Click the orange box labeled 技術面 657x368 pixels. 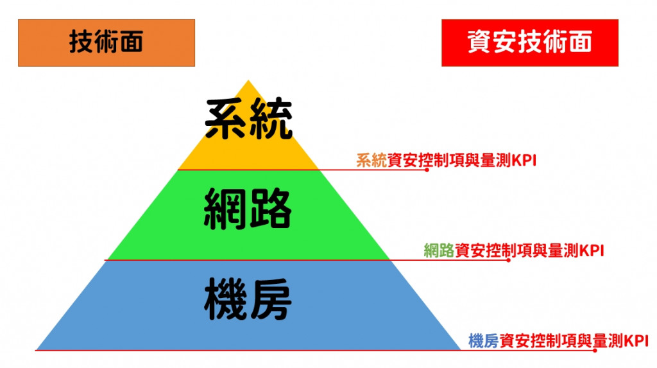(106, 43)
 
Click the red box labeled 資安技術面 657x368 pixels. (529, 43)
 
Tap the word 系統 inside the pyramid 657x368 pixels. (248, 120)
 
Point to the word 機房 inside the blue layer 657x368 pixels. (248, 299)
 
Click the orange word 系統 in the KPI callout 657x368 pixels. (371, 160)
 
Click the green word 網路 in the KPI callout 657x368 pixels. (439, 250)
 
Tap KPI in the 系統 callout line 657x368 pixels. (524, 160)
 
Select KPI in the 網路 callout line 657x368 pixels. (592, 250)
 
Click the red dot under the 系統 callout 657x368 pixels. (427, 170)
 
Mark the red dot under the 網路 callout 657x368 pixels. (509, 260)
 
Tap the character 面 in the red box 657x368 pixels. (576, 43)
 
